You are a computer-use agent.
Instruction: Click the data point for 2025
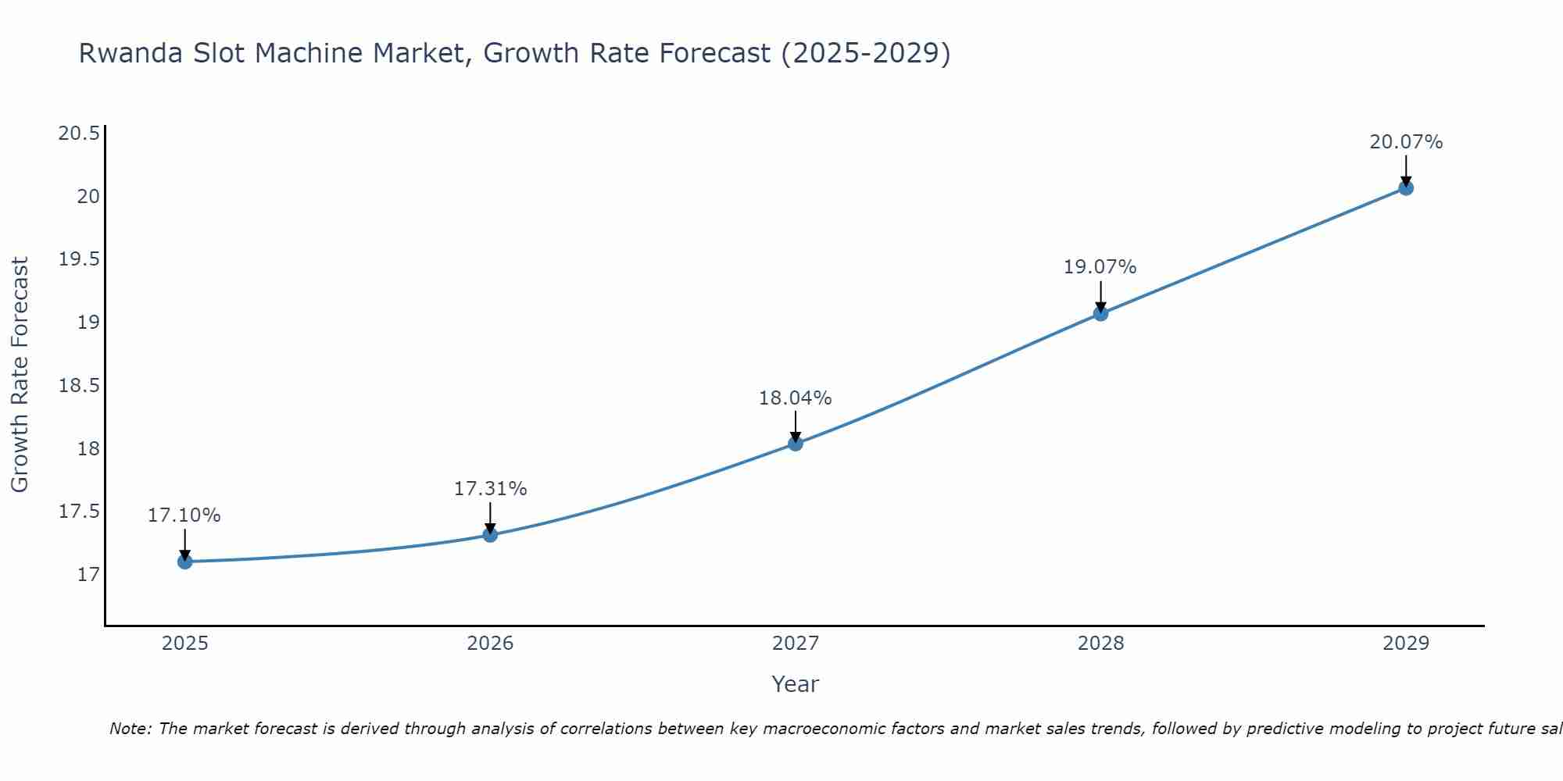point(185,562)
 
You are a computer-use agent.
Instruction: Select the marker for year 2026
point(490,535)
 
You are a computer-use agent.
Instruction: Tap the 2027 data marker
point(796,444)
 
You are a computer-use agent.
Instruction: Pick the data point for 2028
point(1100,314)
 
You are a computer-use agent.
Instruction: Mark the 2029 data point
point(1406,188)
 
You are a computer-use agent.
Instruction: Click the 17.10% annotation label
point(184,515)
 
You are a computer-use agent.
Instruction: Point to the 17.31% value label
point(490,489)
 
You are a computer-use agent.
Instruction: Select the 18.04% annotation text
point(796,398)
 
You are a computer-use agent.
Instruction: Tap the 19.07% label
point(1100,267)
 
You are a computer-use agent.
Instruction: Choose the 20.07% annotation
point(1406,142)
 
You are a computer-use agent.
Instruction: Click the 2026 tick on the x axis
point(490,644)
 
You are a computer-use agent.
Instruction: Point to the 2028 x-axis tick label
point(1100,644)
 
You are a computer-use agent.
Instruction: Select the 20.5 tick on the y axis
point(79,134)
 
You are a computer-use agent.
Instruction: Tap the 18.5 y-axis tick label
point(79,386)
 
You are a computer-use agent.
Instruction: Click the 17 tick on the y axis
point(89,575)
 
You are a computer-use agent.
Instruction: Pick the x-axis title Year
point(795,684)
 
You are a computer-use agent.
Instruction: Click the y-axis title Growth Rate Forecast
point(20,375)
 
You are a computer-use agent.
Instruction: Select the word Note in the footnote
point(130,729)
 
